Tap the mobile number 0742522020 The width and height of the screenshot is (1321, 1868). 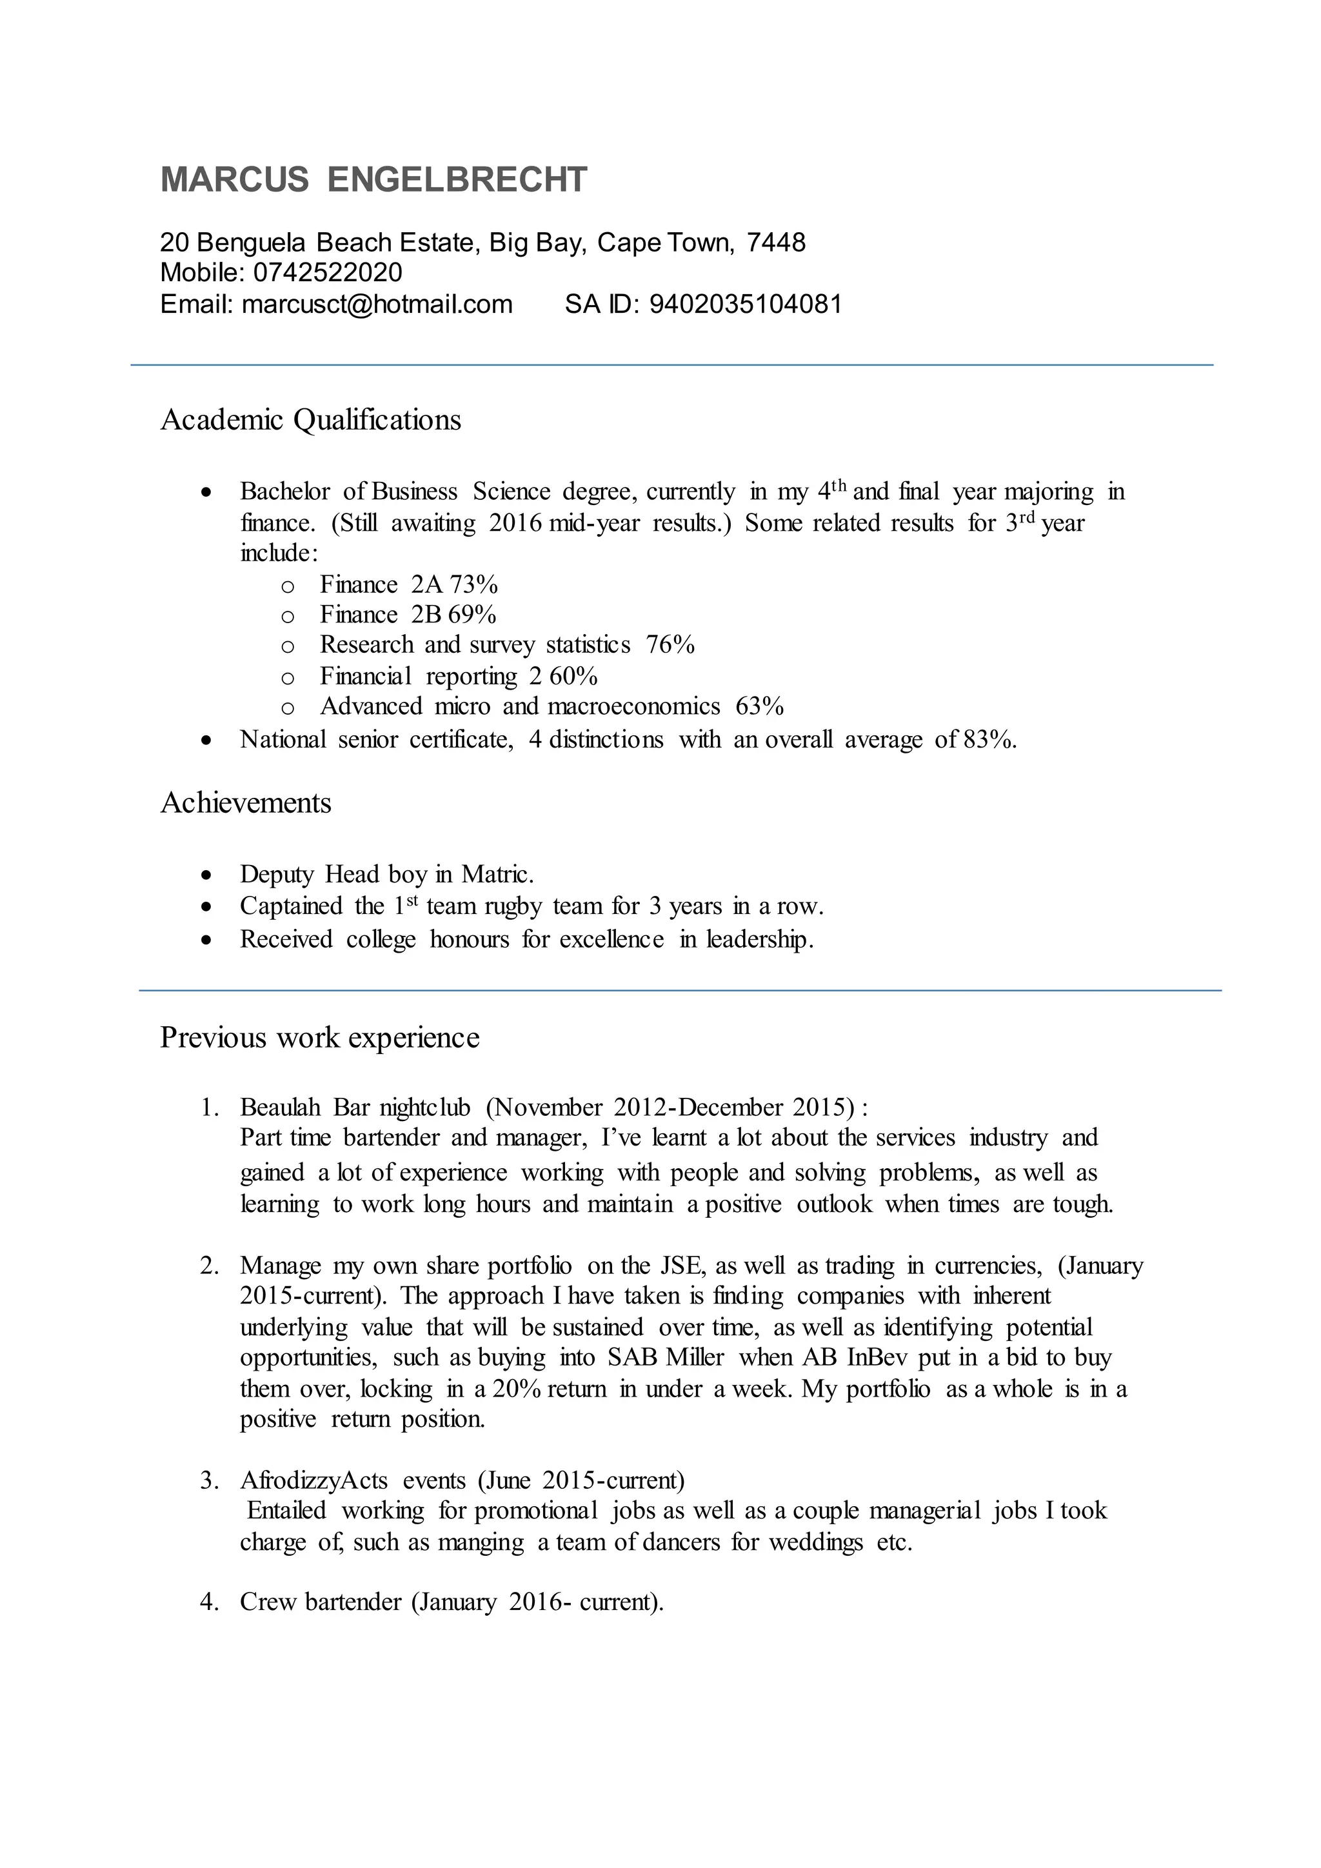click(x=328, y=273)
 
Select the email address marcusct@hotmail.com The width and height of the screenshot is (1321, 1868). click(x=377, y=304)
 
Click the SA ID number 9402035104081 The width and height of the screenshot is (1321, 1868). click(x=745, y=304)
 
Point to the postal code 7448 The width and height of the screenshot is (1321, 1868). click(x=776, y=243)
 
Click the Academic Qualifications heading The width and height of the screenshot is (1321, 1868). click(x=311, y=420)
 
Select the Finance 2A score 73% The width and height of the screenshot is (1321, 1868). click(x=473, y=584)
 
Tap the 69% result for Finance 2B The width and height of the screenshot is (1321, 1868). click(x=472, y=614)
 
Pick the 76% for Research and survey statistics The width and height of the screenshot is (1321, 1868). click(x=670, y=644)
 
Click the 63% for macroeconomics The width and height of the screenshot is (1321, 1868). click(x=759, y=706)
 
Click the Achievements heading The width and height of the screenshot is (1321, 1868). click(x=246, y=803)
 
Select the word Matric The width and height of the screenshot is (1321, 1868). click(x=497, y=875)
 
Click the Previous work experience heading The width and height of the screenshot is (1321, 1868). click(x=320, y=1037)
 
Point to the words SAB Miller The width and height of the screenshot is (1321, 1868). click(x=666, y=1358)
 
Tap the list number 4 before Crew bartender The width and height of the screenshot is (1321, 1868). click(x=208, y=1602)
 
